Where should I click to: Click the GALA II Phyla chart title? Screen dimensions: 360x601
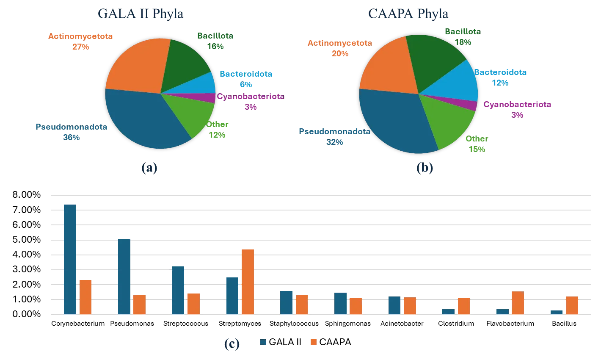(x=141, y=14)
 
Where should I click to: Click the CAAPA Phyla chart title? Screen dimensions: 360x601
(x=408, y=14)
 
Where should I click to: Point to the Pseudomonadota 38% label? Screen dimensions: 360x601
(x=71, y=132)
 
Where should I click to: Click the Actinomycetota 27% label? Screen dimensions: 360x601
(x=80, y=41)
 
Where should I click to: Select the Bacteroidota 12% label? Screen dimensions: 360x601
(x=500, y=78)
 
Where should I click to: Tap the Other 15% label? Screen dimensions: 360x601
(x=477, y=144)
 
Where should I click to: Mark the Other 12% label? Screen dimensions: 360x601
(x=218, y=130)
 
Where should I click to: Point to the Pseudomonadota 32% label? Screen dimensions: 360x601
(x=334, y=137)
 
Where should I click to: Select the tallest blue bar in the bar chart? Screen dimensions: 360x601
(x=70, y=258)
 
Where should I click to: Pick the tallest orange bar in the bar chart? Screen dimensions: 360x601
(x=247, y=281)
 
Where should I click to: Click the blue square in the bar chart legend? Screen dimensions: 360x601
(x=263, y=342)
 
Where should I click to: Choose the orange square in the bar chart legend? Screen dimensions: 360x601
(x=314, y=342)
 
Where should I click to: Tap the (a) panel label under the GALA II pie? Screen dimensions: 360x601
(x=149, y=169)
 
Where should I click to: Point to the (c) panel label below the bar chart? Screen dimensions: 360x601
(x=232, y=344)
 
